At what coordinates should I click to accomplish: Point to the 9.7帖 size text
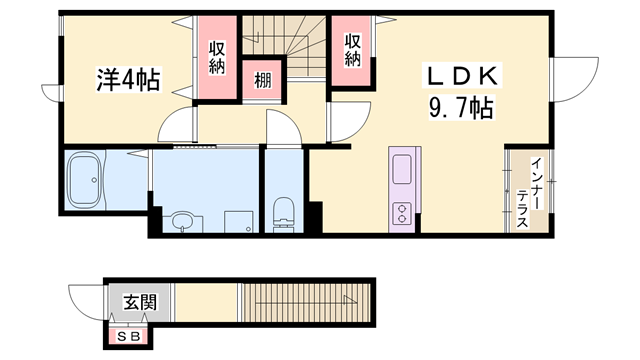pos(461,106)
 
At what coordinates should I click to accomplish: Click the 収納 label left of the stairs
pos(218,56)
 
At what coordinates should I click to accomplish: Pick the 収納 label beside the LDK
pos(352,50)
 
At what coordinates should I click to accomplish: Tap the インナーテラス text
pos(524,192)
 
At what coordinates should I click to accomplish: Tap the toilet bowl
pos(283,213)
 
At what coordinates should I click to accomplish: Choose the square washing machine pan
pos(238,221)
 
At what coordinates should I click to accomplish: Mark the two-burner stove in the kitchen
pos(402,213)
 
